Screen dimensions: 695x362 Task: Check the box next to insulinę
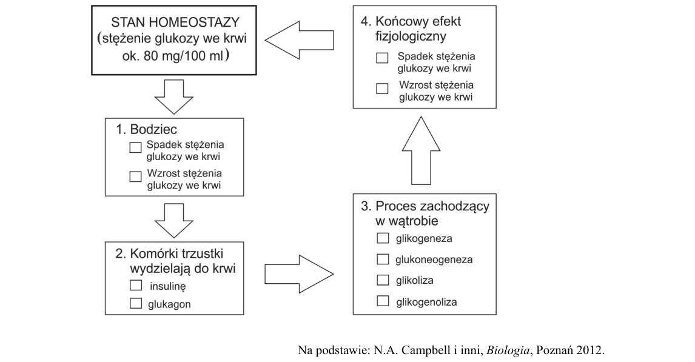[136, 285]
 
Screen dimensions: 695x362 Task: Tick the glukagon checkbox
[136, 303]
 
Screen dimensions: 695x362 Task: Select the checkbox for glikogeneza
[383, 238]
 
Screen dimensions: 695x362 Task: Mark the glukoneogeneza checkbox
[383, 259]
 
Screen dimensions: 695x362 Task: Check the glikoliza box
[383, 280]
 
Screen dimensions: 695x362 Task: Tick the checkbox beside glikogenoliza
[383, 301]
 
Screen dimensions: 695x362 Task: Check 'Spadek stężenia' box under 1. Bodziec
[135, 147]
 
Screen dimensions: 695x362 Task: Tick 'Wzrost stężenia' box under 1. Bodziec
[135, 176]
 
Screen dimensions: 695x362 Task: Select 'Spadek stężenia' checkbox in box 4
[382, 58]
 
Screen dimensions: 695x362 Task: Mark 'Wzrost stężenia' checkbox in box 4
[382, 88]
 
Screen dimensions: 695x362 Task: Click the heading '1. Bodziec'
[146, 129]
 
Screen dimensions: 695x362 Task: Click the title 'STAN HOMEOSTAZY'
[175, 22]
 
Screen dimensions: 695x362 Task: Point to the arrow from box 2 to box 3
[299, 274]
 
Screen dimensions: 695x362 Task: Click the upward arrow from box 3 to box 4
[421, 150]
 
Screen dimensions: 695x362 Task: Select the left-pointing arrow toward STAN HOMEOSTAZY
[299, 40]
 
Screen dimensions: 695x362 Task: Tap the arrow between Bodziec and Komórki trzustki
[173, 221]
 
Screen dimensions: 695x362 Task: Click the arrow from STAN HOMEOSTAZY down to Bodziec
[173, 97]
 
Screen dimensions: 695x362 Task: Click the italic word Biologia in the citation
[508, 350]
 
